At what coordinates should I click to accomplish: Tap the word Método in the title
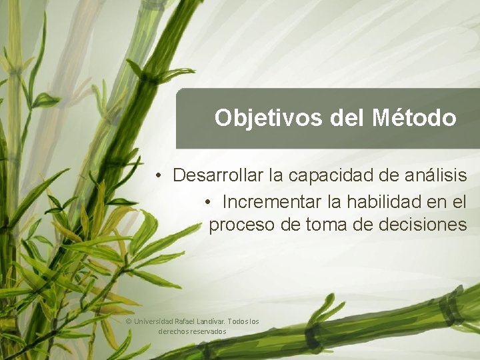pos(414,118)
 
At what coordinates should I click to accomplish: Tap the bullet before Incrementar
pos(209,201)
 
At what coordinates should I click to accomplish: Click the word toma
pos(327,225)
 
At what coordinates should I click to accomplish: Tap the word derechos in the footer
pos(173,331)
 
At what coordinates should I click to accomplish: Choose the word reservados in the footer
pos(207,331)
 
